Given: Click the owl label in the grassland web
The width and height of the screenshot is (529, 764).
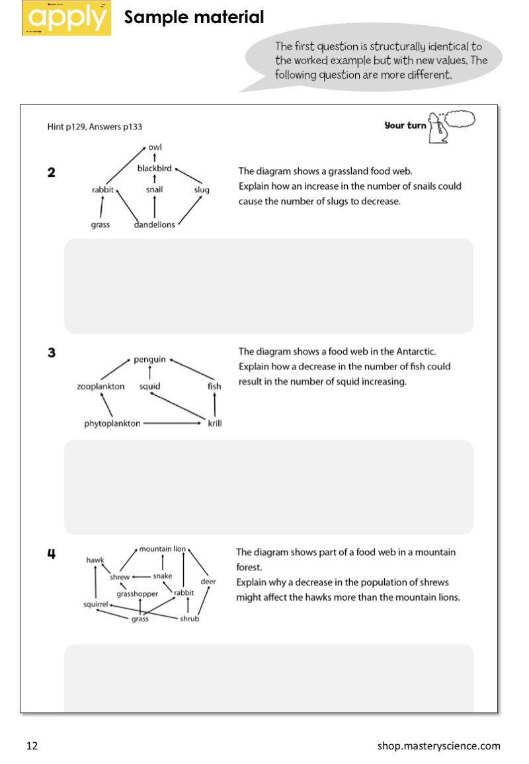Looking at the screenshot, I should (155, 147).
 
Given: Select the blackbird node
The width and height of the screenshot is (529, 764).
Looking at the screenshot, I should (154, 169).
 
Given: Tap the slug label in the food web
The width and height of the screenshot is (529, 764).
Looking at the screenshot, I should (202, 190).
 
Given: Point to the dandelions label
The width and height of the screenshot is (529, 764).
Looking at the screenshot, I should (154, 225).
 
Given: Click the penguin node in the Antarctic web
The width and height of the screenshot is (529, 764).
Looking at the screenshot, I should (149, 360).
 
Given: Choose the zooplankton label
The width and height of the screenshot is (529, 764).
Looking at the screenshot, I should (101, 387).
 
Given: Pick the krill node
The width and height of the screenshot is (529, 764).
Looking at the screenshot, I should (215, 424).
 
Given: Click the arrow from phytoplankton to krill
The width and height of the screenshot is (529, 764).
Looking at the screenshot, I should (171, 423).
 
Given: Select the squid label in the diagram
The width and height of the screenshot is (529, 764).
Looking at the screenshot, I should (149, 387).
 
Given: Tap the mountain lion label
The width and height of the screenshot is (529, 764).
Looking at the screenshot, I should (162, 549).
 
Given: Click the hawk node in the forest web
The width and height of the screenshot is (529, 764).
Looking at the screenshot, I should (95, 560).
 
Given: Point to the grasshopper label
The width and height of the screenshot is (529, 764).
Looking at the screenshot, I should (137, 594).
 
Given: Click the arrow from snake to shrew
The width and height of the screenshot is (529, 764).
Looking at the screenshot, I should (142, 576).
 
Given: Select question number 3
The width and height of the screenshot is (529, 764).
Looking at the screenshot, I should (52, 353).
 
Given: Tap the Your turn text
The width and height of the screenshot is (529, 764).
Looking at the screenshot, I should (405, 125).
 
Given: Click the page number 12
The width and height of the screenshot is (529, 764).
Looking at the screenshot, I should (32, 746).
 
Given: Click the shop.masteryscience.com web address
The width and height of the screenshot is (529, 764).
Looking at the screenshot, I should (438, 746).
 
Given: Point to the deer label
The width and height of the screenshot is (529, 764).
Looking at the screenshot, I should (208, 582).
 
